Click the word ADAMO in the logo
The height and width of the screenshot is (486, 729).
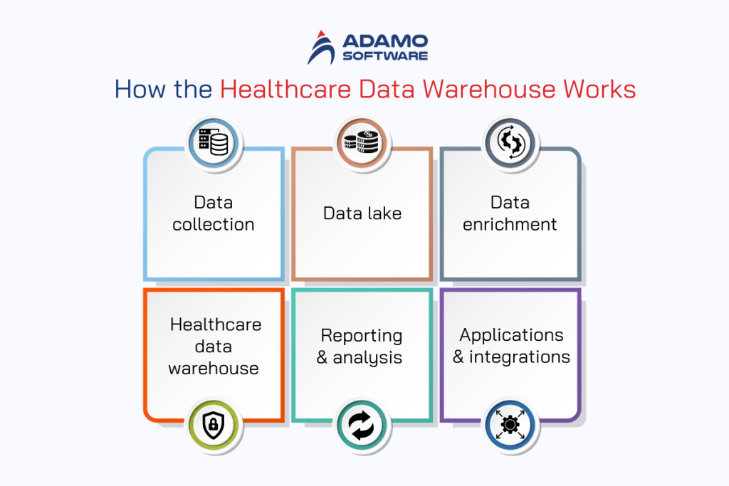384,41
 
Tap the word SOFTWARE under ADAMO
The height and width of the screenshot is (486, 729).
384,56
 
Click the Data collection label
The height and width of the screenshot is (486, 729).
214,213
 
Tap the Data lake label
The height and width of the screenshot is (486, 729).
362,213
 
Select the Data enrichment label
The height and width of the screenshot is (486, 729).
510,213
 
